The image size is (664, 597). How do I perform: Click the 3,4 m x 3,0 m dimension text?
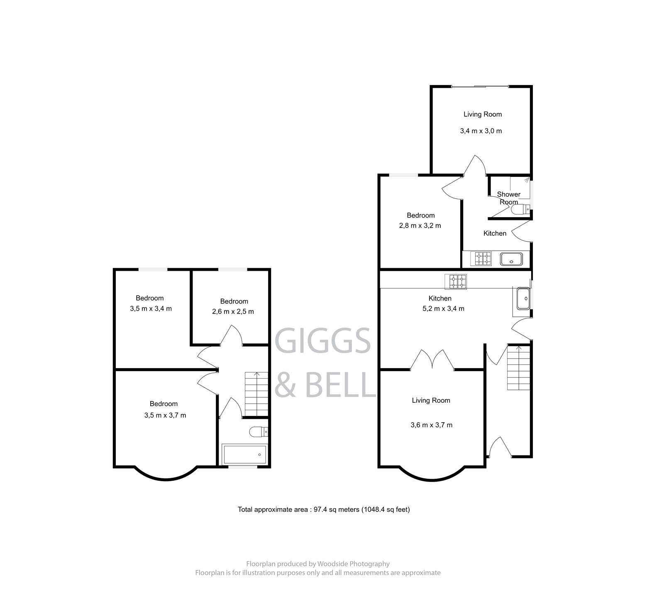pyautogui.click(x=481, y=131)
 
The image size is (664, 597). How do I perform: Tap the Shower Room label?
pyautogui.click(x=509, y=198)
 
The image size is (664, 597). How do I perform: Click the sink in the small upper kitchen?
pyautogui.click(x=513, y=259)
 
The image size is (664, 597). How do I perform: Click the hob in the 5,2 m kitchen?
pyautogui.click(x=456, y=282)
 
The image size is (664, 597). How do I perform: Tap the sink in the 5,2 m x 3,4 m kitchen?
pyautogui.click(x=523, y=298)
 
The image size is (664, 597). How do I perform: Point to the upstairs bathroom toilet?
pyautogui.click(x=258, y=432)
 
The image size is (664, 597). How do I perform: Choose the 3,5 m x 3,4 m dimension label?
pyautogui.click(x=151, y=308)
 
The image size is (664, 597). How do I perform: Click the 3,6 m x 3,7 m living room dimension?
pyautogui.click(x=432, y=425)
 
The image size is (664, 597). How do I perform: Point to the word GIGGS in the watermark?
pyautogui.click(x=323, y=340)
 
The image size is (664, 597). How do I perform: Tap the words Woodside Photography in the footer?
pyautogui.click(x=353, y=564)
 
